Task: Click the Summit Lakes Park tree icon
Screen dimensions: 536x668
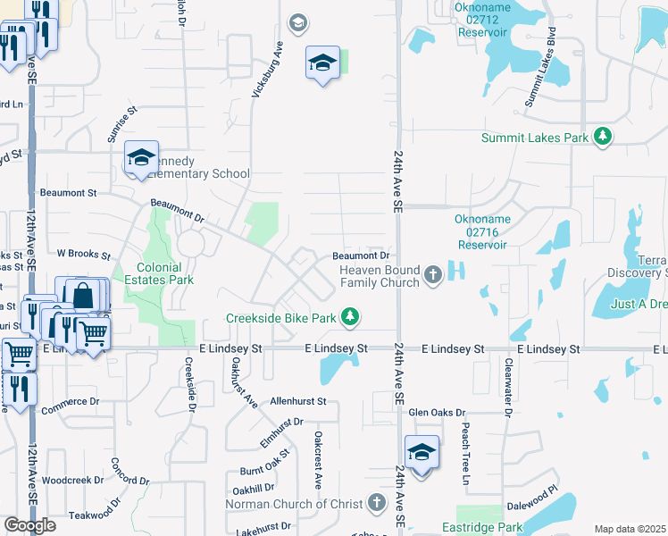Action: click(605, 136)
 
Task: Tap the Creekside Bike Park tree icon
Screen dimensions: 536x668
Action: click(351, 316)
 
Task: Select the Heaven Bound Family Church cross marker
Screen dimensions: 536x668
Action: click(433, 274)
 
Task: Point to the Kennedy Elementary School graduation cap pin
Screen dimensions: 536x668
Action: click(141, 158)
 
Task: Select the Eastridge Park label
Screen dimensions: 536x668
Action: click(482, 528)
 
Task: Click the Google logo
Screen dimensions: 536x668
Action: click(29, 525)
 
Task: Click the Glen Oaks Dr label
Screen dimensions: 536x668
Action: click(437, 413)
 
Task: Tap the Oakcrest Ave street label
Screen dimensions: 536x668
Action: click(317, 460)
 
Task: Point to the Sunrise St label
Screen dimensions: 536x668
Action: click(122, 124)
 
